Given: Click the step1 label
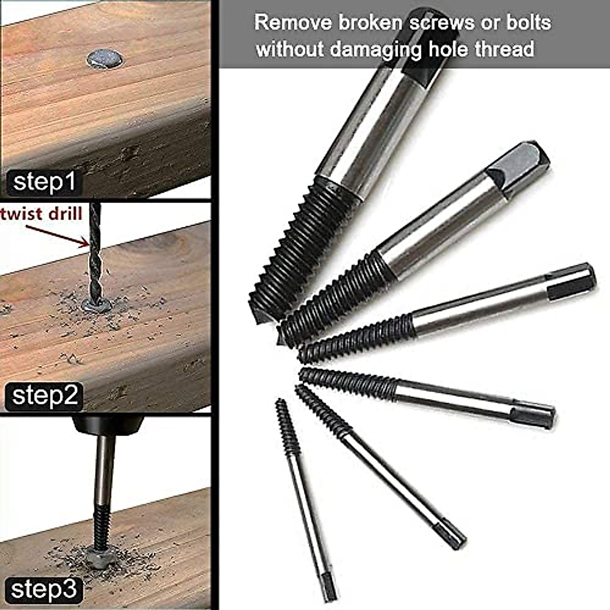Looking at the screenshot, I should tap(45, 182).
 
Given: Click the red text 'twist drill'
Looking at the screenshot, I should tap(42, 214).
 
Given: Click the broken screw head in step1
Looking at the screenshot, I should tap(105, 59).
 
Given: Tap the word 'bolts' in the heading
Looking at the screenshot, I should tap(524, 23).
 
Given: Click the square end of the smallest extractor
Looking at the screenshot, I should tap(328, 590).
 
